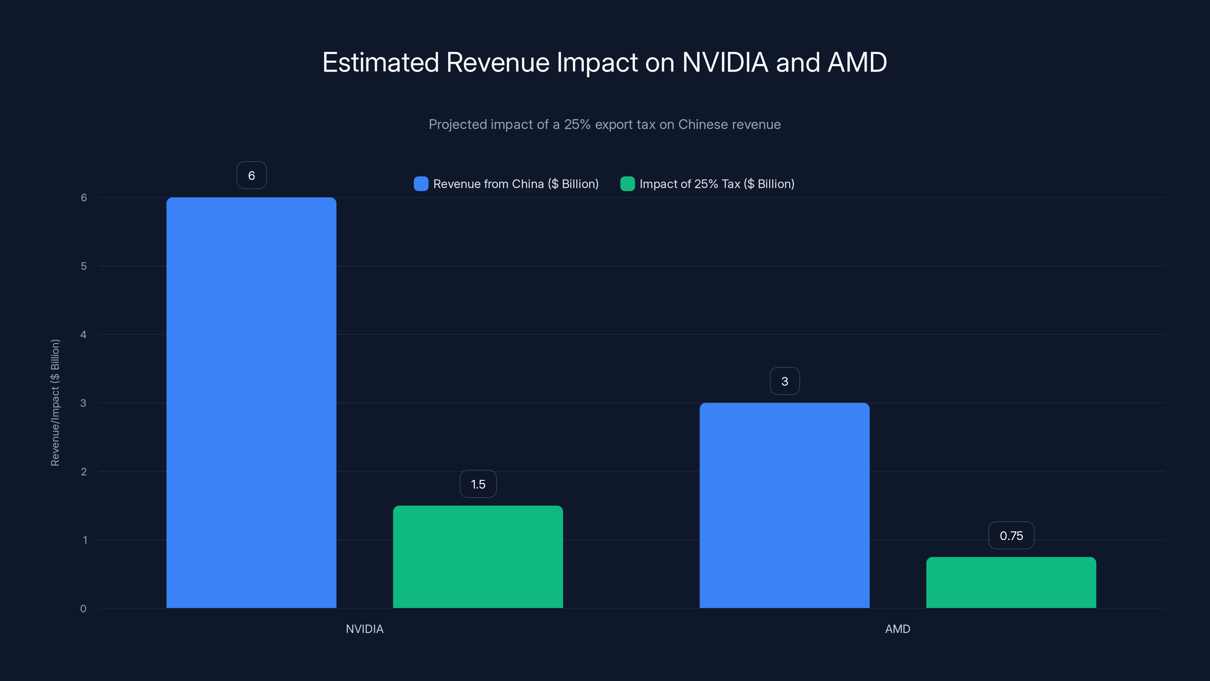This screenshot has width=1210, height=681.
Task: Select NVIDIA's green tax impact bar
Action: pos(478,557)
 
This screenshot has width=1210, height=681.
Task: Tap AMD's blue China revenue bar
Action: pos(785,505)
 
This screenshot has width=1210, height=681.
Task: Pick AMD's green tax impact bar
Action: pos(1011,582)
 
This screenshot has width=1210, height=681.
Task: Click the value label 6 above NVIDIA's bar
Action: pos(252,175)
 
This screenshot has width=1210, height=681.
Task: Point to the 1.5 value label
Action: pos(478,484)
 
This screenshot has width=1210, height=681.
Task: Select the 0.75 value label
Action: pos(1011,535)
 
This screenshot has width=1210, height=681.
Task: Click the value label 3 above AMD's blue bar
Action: pos(785,381)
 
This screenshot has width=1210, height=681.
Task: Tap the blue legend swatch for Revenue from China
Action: pos(421,184)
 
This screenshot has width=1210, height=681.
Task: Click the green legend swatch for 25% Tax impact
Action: pos(627,184)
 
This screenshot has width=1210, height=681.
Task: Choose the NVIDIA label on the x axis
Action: pos(365,629)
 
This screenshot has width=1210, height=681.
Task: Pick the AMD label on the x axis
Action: pos(897,629)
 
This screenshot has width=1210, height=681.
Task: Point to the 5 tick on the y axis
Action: pos(84,266)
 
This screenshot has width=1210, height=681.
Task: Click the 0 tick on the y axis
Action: pos(83,609)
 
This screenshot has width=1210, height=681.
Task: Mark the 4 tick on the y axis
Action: pos(84,334)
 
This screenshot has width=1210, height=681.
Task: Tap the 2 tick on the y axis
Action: pos(84,471)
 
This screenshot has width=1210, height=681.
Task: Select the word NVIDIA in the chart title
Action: pos(725,62)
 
